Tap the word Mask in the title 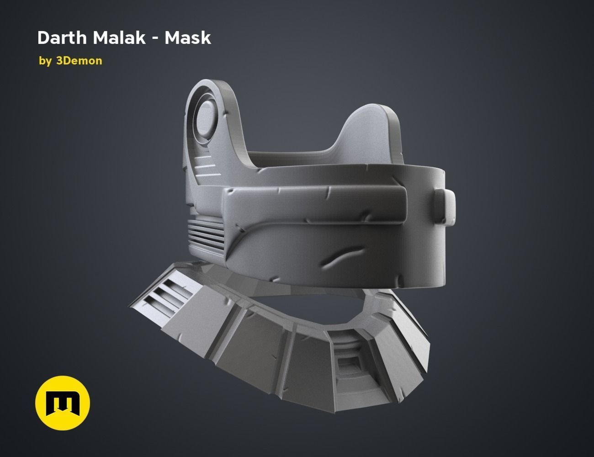coord(188,38)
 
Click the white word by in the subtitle coord(45,61)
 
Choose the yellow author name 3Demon coord(79,61)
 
